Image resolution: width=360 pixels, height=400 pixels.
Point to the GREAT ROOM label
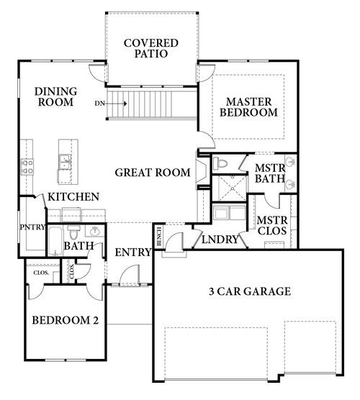pos(152,172)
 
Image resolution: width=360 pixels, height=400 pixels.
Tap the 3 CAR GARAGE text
pos(249,291)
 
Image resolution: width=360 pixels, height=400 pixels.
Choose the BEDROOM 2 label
pos(65,320)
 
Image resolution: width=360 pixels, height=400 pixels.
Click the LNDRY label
pos(220,240)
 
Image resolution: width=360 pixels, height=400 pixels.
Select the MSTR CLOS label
pos(271,225)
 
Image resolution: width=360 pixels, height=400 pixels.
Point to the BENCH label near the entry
pos(158,236)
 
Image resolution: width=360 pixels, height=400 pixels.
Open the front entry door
pos(130,276)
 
